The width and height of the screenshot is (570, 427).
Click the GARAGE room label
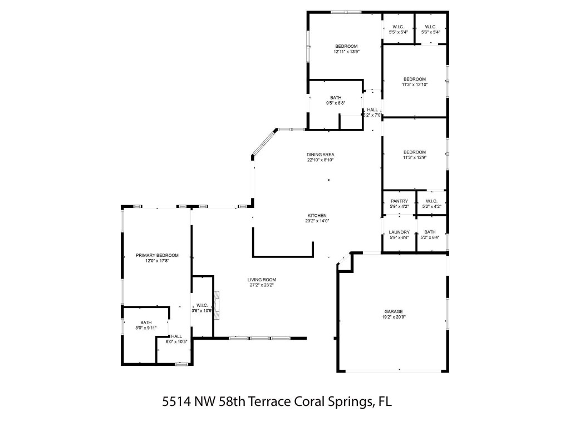[393, 311]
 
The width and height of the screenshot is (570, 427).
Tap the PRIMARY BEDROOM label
[157, 255]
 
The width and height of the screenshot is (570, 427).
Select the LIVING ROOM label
[262, 280]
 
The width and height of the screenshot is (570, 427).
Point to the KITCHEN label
[317, 216]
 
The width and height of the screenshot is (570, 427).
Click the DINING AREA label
[320, 155]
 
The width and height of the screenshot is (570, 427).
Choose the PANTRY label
[399, 201]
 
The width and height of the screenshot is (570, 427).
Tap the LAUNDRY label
[399, 232]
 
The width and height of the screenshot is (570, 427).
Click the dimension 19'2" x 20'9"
[393, 317]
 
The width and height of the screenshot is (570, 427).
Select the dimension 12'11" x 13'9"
[346, 52]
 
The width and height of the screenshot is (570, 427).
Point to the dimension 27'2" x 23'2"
[262, 285]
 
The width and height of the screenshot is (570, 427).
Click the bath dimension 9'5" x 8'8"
[336, 103]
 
